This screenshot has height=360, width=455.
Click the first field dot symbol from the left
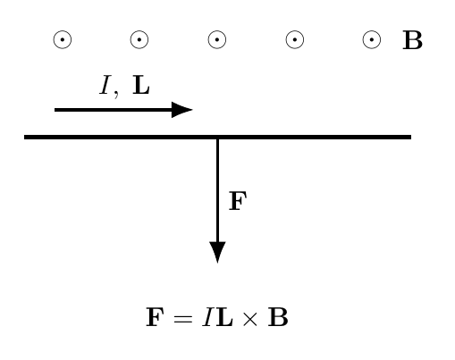pyautogui.click(x=63, y=39)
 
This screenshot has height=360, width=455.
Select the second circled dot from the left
pyautogui.click(x=139, y=39)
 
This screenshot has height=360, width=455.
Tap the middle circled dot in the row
pyautogui.click(x=217, y=39)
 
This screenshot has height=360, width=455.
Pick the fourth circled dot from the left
pyautogui.click(x=295, y=39)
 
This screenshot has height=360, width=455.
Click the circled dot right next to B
pyautogui.click(x=372, y=39)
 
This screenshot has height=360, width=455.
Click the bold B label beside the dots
pyautogui.click(x=413, y=40)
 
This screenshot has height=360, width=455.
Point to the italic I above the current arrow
pyautogui.click(x=105, y=85)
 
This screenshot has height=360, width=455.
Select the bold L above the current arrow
pyautogui.click(x=141, y=85)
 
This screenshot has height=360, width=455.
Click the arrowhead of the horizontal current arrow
pyautogui.click(x=182, y=110)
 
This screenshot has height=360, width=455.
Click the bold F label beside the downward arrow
pyautogui.click(x=238, y=201)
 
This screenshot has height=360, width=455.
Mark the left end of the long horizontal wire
pyautogui.click(x=24, y=137)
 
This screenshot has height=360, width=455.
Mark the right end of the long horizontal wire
pyautogui.click(x=411, y=137)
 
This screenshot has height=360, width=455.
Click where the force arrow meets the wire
pyautogui.click(x=217, y=138)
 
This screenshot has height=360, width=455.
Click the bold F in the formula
pyautogui.click(x=155, y=317)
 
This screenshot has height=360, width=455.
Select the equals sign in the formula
pyautogui.click(x=182, y=318)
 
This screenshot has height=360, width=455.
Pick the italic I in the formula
pyautogui.click(x=207, y=317)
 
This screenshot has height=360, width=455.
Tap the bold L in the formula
pyautogui.click(x=224, y=317)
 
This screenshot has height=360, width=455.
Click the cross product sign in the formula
pyautogui.click(x=249, y=319)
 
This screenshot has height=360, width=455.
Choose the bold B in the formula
pyautogui.click(x=278, y=317)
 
